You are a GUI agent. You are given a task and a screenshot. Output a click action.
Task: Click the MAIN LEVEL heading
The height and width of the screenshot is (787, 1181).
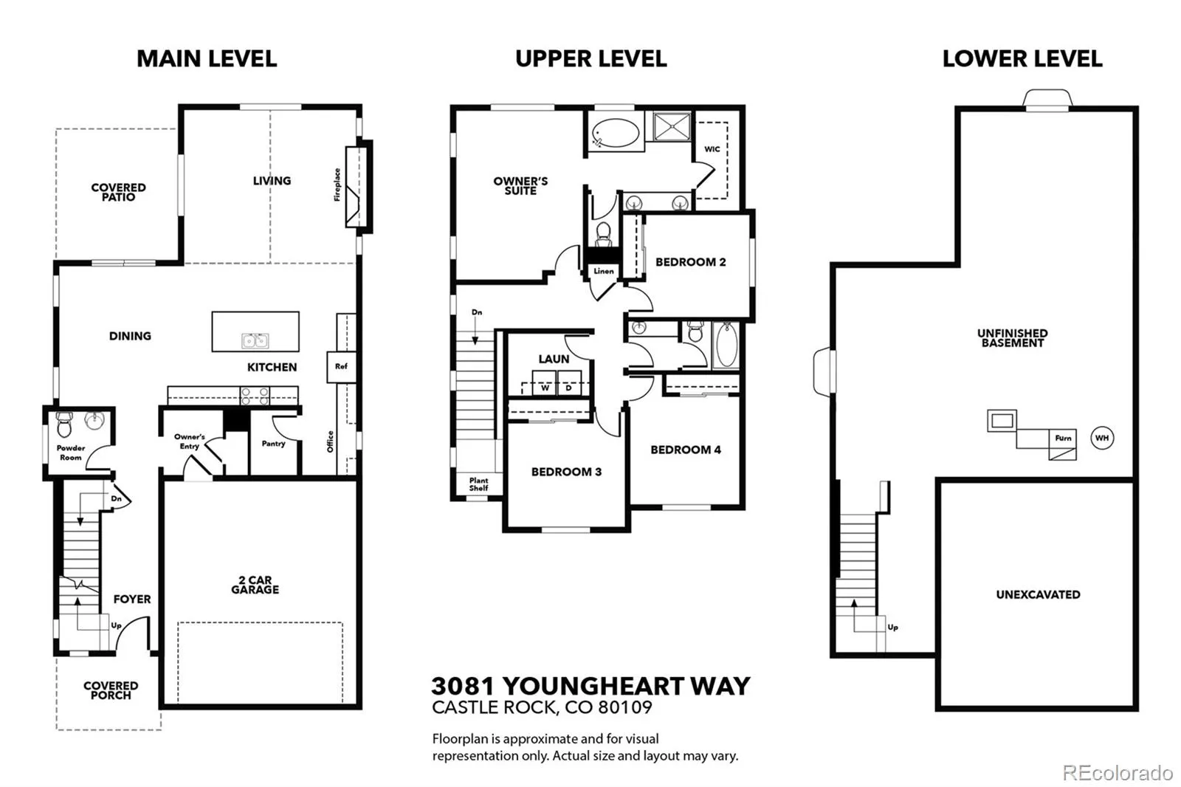207,58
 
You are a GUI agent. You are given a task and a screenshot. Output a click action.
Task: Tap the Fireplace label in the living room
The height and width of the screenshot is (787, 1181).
337,185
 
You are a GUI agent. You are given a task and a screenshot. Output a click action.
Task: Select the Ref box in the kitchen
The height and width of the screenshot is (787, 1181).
341,367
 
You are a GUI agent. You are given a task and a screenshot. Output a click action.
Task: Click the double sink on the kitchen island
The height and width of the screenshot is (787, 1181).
255,341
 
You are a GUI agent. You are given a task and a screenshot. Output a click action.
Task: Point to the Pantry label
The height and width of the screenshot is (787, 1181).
273,444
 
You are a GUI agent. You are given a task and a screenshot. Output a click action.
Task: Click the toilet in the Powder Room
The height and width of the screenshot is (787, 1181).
64,425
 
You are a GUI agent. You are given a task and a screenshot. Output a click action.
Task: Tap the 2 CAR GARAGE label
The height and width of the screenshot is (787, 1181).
255,585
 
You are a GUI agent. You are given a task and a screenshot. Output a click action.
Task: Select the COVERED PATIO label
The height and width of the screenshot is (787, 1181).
119,192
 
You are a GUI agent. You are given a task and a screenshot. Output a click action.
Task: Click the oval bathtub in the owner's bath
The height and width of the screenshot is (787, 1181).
616,132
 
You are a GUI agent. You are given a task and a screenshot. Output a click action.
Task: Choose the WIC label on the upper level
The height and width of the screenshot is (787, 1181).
712,149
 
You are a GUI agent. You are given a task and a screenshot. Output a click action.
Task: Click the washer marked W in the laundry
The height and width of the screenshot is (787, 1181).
545,383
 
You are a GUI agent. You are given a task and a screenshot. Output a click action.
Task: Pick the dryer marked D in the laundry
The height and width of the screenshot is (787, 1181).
569,383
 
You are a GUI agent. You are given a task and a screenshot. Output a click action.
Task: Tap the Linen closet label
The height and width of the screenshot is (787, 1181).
604,271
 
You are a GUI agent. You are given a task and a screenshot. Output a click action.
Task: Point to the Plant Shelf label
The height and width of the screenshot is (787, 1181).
479,484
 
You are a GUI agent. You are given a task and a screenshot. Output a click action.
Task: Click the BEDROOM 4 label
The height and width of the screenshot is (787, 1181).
686,450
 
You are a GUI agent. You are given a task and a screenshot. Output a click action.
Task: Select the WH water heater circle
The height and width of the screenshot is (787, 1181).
1102,438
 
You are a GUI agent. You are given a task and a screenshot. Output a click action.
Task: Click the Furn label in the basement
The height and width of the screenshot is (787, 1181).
1063,439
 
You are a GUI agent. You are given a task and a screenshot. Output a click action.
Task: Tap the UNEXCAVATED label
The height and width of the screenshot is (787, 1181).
1038,594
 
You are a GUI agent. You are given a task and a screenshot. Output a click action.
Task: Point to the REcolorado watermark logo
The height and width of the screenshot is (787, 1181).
1118,773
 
